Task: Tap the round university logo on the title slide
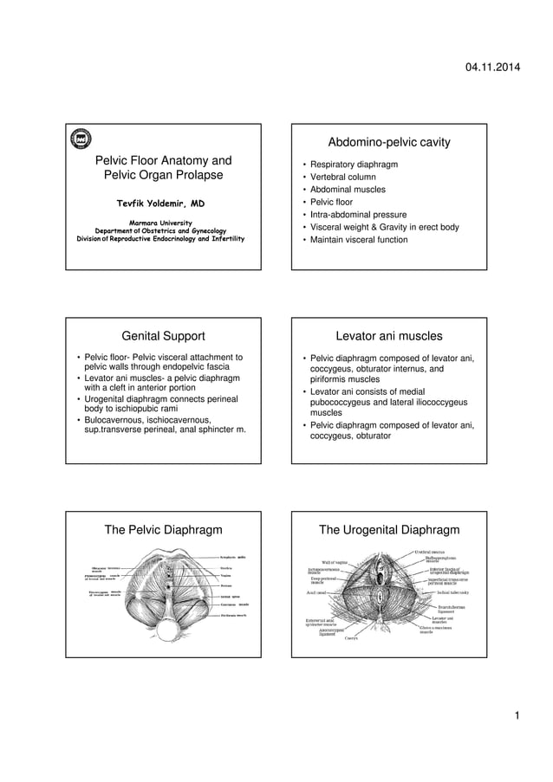(x=82, y=138)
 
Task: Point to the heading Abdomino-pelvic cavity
(x=389, y=142)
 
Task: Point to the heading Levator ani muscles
(x=389, y=336)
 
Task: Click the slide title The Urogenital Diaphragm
(x=389, y=530)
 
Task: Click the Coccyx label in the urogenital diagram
(x=351, y=639)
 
